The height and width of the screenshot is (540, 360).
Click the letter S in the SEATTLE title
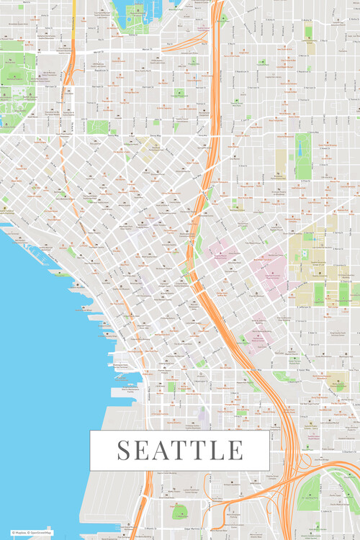[x=125, y=450]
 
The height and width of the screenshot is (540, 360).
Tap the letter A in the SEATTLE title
[x=163, y=450]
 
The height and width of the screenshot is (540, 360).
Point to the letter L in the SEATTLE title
[x=216, y=450]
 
